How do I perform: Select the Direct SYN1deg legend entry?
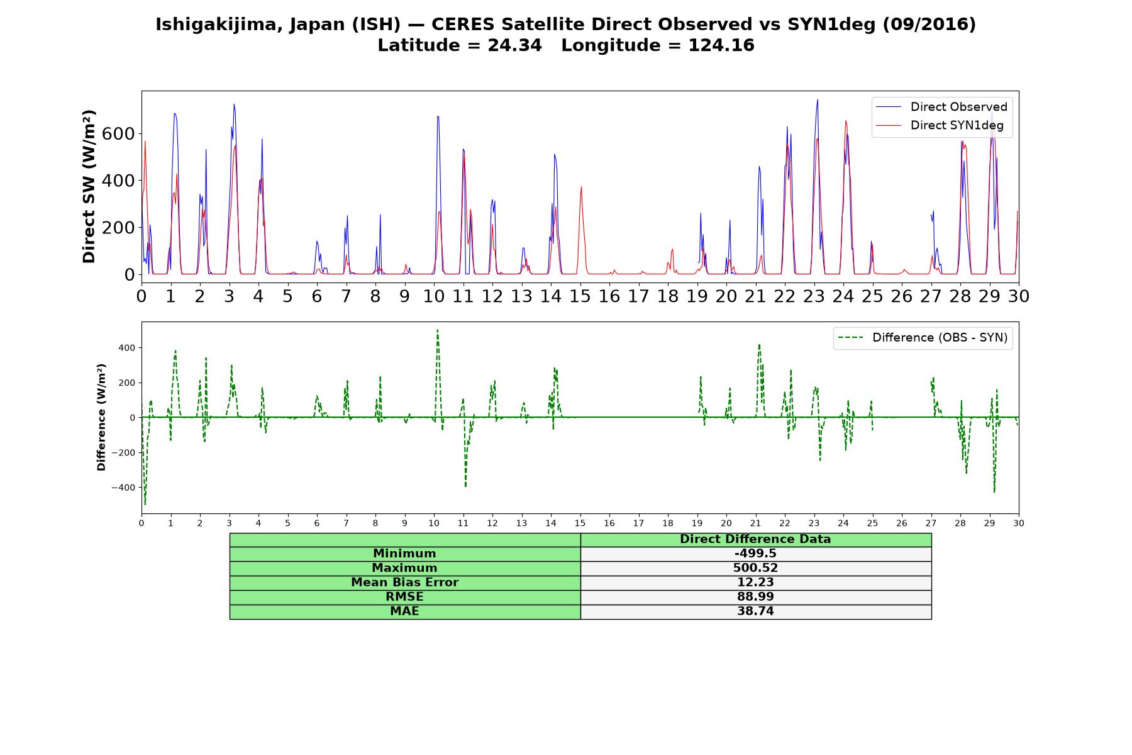[x=941, y=125]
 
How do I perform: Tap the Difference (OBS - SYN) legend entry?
[x=923, y=338]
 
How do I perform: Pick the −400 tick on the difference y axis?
[x=124, y=488]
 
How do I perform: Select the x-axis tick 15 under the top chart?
[x=580, y=296]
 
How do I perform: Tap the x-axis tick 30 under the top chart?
[x=1018, y=296]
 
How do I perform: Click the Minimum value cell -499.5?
[x=755, y=554]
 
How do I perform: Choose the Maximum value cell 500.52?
[x=755, y=568]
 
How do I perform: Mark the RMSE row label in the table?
[x=404, y=597]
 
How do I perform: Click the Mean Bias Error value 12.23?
[x=755, y=583]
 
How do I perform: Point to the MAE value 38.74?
[x=755, y=612]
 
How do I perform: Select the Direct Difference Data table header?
[x=755, y=539]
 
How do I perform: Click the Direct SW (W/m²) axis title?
[x=89, y=186]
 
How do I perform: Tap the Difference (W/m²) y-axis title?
[x=101, y=417]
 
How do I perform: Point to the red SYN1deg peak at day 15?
[x=581, y=187]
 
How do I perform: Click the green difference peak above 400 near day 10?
[x=437, y=330]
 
